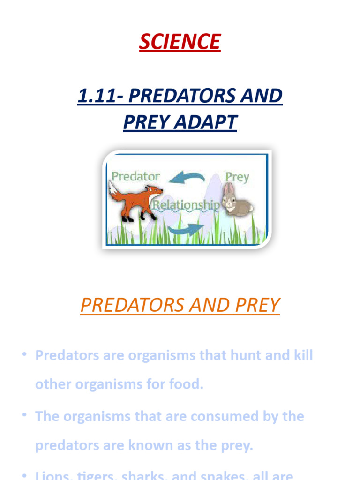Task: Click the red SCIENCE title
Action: (180, 42)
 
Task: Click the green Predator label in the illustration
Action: (135, 177)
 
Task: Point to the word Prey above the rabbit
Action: (237, 177)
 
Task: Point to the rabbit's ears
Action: (228, 189)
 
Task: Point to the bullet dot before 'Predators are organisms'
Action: (23, 354)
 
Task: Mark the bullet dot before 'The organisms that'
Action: (23, 416)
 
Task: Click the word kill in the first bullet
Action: (300, 355)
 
